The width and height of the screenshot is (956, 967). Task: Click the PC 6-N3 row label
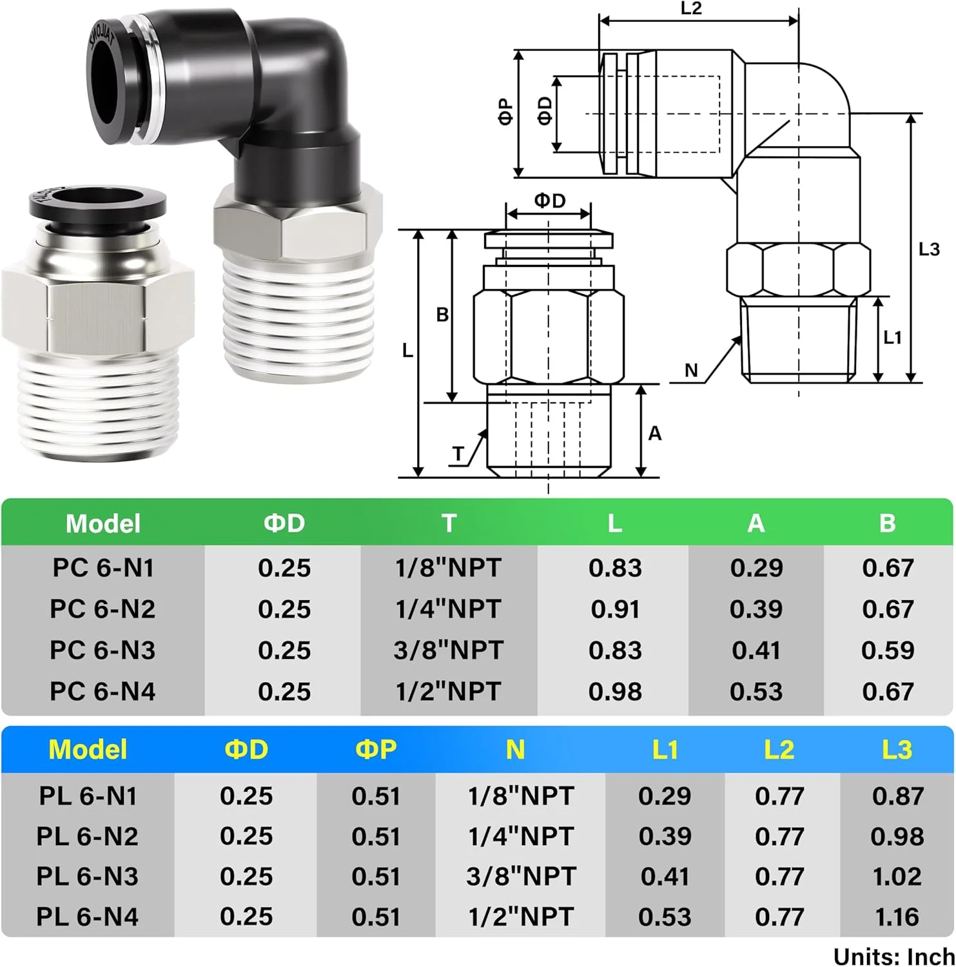click(102, 650)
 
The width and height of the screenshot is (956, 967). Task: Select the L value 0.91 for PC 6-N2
click(615, 609)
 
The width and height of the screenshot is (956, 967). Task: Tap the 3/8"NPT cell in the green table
click(448, 650)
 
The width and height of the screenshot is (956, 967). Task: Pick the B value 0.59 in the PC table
click(888, 650)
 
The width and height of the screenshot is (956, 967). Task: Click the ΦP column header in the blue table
click(376, 749)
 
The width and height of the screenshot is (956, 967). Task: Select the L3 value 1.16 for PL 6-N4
click(897, 917)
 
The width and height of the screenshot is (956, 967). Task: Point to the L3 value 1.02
click(897, 876)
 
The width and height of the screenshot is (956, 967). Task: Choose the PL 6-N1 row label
click(88, 796)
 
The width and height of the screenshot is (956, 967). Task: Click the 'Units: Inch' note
click(893, 956)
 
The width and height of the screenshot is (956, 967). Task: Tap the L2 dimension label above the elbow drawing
click(690, 8)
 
